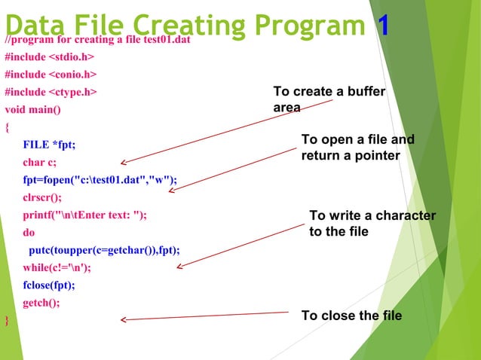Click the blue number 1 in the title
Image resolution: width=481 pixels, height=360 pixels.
click(383, 26)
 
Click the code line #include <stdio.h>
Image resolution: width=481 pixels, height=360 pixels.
click(50, 57)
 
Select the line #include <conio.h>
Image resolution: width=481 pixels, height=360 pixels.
click(50, 75)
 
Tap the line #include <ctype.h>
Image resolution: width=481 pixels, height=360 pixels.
click(50, 93)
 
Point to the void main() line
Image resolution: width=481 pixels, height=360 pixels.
click(32, 110)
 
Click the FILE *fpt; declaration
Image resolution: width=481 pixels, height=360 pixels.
click(49, 145)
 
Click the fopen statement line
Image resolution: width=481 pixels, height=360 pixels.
click(100, 180)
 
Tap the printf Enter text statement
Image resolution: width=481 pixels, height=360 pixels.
click(84, 215)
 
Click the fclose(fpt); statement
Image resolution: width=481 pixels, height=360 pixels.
click(49, 285)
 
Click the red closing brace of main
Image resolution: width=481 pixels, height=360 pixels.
click(7, 321)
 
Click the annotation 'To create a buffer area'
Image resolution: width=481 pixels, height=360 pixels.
click(329, 99)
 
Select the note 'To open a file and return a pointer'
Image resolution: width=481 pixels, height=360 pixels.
click(357, 148)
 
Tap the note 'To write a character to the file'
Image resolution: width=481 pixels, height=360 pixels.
click(372, 224)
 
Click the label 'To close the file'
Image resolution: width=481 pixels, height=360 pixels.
click(351, 316)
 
